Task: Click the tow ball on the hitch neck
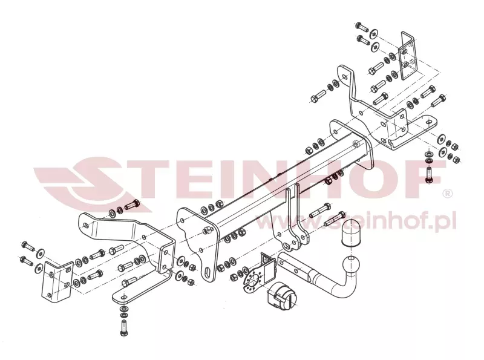coord(351,264)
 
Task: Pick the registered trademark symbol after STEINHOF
coord(448,194)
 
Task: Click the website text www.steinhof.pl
coord(356,221)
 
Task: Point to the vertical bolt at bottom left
coord(123,327)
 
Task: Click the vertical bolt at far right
coord(429,175)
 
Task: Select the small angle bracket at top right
coord(407,56)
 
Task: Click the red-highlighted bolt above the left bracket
coord(132,205)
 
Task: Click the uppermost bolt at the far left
coord(28,246)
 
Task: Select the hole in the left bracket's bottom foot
coord(124,297)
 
